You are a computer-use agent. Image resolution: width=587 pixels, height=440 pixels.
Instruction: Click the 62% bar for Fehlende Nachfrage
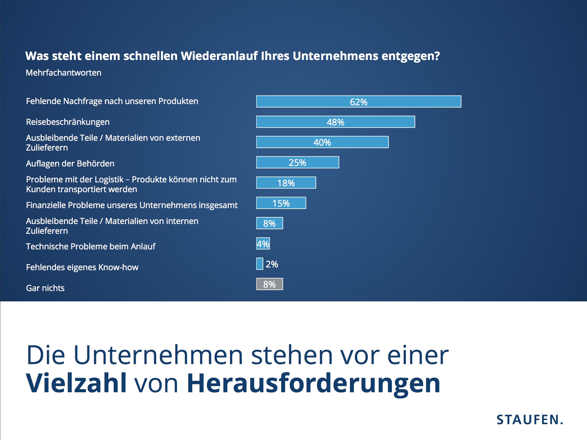click(358, 102)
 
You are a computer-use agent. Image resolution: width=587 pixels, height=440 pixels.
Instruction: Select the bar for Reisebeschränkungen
click(335, 122)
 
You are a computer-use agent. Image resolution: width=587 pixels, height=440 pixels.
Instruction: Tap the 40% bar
click(322, 142)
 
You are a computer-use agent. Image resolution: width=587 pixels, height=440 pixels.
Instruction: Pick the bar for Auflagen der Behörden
click(297, 162)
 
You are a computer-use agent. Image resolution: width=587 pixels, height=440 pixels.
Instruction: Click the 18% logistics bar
click(286, 183)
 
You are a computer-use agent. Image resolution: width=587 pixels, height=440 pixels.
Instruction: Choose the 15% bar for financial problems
click(281, 203)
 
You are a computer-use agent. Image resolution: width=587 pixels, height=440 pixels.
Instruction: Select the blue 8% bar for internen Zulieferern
click(269, 223)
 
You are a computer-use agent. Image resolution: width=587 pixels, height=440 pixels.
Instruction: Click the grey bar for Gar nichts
click(269, 284)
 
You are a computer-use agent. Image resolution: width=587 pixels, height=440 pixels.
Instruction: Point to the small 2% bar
click(260, 264)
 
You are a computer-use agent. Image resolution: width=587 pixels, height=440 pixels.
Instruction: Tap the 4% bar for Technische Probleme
click(263, 244)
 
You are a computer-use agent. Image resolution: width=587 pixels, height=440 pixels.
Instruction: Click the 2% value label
click(272, 264)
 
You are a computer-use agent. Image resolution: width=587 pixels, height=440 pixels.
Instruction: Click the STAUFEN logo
click(530, 420)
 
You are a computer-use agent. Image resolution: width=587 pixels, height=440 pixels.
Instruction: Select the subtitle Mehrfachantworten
click(63, 73)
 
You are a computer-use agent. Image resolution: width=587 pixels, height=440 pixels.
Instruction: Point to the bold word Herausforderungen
click(313, 384)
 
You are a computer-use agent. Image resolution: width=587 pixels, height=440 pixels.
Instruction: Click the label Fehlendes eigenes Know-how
click(82, 267)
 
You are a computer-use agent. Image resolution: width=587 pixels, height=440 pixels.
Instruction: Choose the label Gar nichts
click(45, 288)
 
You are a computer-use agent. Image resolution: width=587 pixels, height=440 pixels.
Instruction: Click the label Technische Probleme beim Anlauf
click(90, 247)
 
